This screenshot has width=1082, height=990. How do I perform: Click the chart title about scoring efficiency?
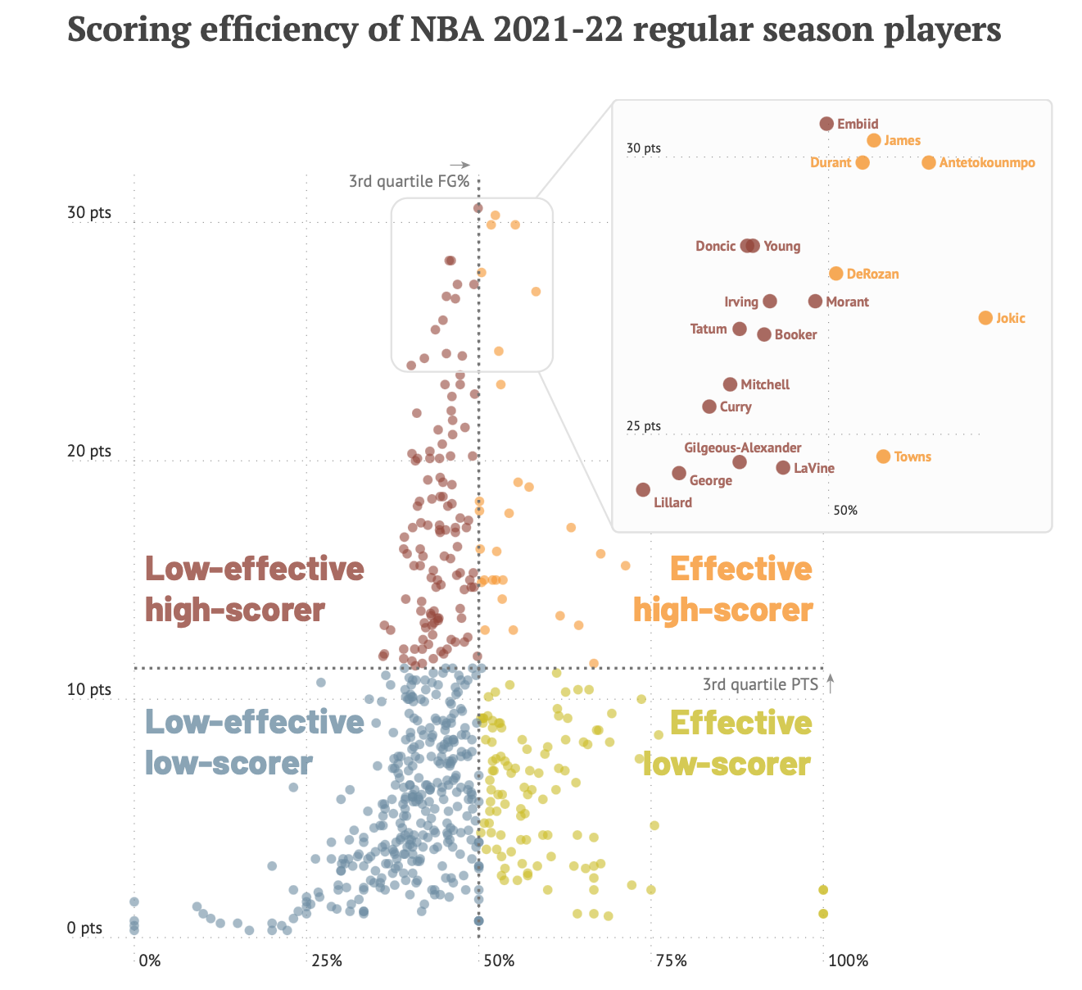tap(534, 30)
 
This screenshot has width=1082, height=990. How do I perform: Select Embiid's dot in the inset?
tap(826, 124)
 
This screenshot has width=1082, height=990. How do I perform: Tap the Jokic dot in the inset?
tap(985, 318)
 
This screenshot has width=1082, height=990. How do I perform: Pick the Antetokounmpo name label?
tap(987, 163)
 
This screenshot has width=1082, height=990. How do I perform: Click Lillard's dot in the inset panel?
tap(643, 490)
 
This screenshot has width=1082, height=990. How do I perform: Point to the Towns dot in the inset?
tap(883, 456)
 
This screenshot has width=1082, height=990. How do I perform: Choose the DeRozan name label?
tap(872, 275)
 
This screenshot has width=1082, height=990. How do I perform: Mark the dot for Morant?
tap(815, 302)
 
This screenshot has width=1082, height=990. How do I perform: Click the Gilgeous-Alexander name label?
tap(742, 448)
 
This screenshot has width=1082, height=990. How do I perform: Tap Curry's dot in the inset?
tap(709, 406)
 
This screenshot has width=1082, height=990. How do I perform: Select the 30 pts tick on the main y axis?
tap(88, 212)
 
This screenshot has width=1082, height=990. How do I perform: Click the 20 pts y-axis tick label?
tap(88, 451)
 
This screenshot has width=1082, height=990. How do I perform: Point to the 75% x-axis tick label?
tap(671, 960)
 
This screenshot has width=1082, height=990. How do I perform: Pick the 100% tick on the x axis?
tap(848, 960)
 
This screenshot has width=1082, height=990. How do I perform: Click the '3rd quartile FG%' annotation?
tap(409, 181)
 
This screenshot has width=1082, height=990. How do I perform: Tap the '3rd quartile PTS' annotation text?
tap(760, 684)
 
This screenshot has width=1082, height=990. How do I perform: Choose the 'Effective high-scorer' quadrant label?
tap(722, 589)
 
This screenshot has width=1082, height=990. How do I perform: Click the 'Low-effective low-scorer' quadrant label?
tap(254, 742)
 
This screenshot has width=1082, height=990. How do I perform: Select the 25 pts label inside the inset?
tap(643, 426)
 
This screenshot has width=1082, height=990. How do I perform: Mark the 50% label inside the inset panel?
tap(845, 511)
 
